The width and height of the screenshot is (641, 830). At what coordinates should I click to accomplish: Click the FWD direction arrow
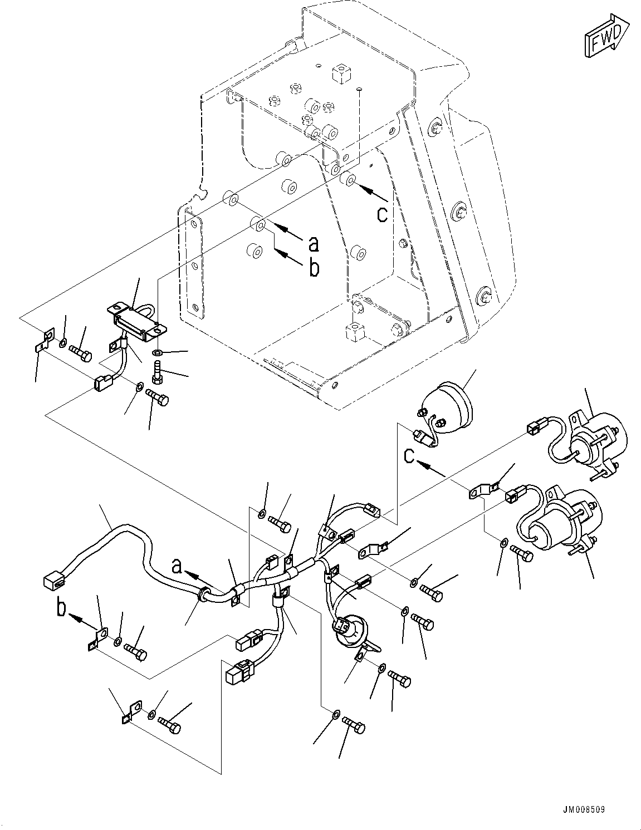click(x=606, y=36)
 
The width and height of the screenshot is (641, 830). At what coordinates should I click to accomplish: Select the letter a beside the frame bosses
click(x=314, y=243)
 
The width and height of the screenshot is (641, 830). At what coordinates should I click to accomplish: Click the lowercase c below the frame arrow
click(x=382, y=214)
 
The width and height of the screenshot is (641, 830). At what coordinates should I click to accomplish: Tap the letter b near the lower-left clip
click(x=61, y=607)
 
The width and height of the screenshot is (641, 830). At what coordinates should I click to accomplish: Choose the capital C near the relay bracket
click(x=409, y=455)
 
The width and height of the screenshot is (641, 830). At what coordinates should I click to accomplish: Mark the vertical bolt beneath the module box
click(x=156, y=370)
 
